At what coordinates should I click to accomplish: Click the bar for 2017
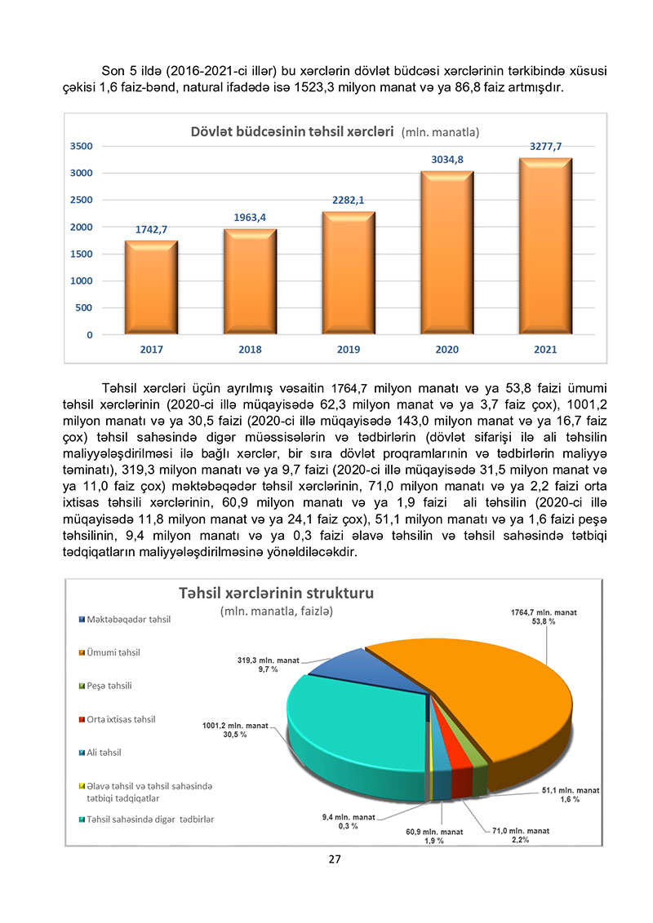(151, 287)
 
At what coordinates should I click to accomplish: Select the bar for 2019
(349, 273)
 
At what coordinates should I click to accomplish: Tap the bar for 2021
(545, 246)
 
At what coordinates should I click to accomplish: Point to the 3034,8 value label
(447, 160)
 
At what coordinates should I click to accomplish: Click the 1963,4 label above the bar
(250, 217)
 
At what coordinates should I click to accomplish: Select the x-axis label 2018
(250, 350)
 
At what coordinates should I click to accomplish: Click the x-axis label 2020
(447, 350)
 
